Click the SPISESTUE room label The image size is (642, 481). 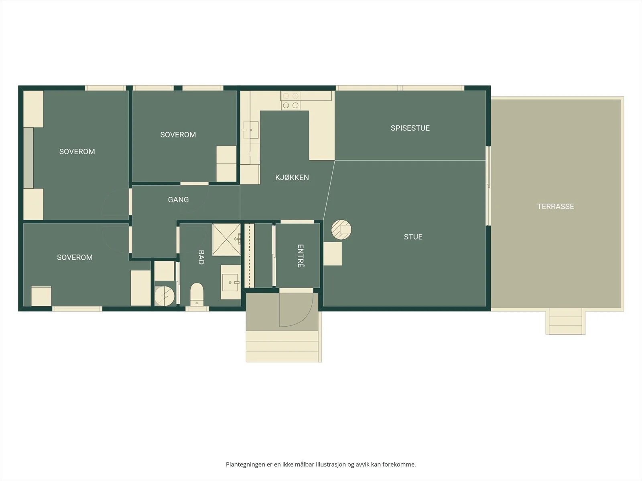(410, 128)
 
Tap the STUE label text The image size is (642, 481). (413, 237)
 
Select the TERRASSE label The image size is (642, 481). (555, 206)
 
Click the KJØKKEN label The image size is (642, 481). (292, 177)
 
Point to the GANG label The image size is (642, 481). (178, 200)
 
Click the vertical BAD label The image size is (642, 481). (201, 257)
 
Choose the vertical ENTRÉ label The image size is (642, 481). (301, 256)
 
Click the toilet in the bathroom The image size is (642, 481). (197, 294)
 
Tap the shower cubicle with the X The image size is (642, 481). (226, 239)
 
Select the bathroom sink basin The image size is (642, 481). (230, 283)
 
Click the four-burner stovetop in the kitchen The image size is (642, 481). (291, 101)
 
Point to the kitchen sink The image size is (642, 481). (251, 130)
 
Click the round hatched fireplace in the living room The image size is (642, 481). (341, 230)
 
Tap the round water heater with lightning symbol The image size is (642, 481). (165, 296)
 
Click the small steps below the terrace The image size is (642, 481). (565, 321)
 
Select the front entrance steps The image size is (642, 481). (282, 346)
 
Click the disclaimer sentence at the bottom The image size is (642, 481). (321, 464)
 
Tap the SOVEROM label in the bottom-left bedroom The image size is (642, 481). (75, 257)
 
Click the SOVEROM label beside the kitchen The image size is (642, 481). (178, 135)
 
